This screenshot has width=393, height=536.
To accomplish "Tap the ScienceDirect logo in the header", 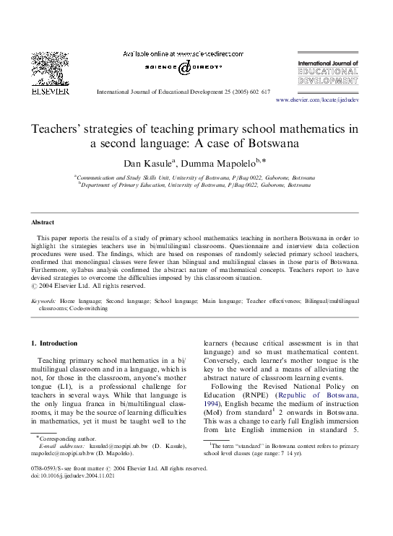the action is pyautogui.click(x=184, y=68).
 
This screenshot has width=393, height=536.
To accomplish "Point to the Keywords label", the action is pyautogui.click(x=46, y=298).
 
